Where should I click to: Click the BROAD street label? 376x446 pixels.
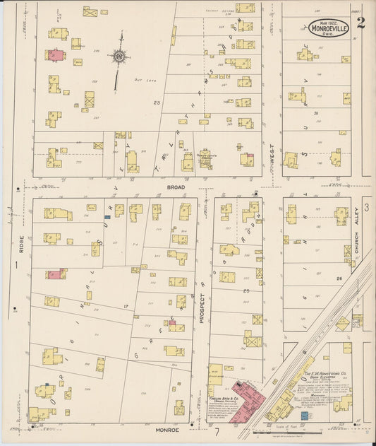point(176,187)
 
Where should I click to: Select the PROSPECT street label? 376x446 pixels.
point(201,309)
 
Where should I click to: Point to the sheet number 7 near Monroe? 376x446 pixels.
point(218,430)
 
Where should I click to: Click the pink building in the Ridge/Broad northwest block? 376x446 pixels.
point(54,54)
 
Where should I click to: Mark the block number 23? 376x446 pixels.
point(157,103)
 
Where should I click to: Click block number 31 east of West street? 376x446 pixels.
point(317,113)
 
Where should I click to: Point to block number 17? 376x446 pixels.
point(125,306)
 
